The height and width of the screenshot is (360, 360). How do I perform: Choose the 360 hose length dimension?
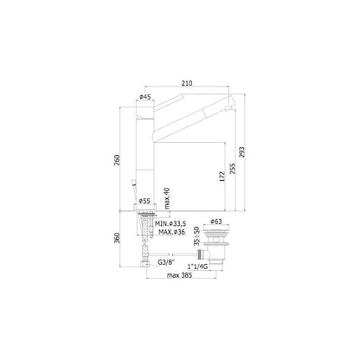pyautogui.click(x=106, y=238)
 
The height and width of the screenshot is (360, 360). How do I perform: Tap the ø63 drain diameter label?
pyautogui.click(x=214, y=222)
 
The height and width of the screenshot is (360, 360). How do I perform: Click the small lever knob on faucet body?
pyautogui.click(x=132, y=183)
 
